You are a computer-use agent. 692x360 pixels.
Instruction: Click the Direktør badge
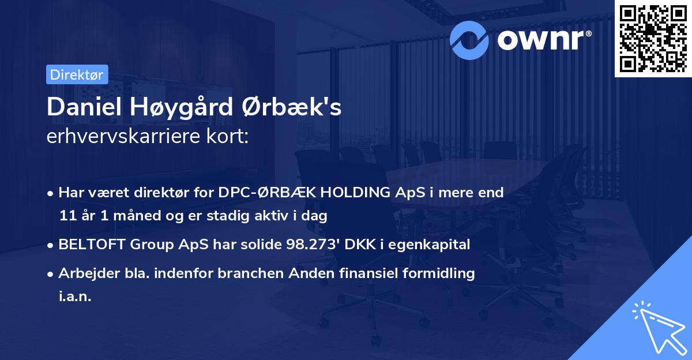click(x=77, y=74)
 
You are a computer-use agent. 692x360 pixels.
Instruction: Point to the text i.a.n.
click(x=75, y=297)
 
